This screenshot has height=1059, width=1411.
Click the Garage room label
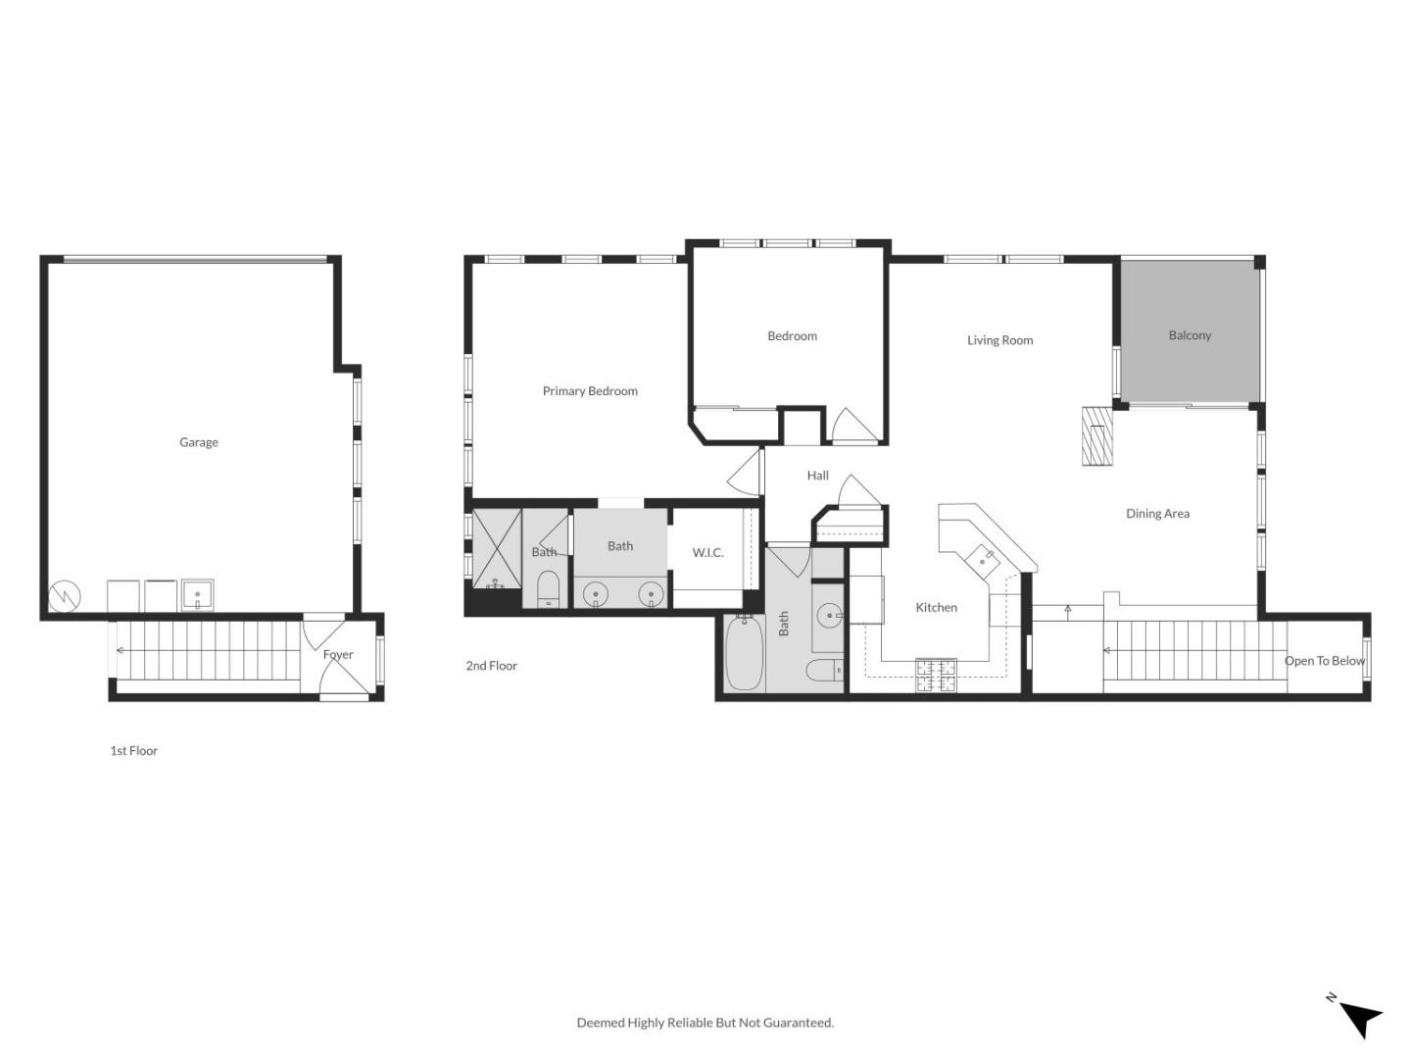[x=198, y=442]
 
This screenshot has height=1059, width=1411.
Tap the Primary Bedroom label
[x=590, y=391]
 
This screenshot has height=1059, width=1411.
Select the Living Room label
[x=999, y=340]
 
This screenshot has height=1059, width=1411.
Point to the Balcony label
[x=1190, y=335]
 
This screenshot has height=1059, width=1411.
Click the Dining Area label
[x=1157, y=514]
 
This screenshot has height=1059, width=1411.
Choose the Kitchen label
[x=936, y=608]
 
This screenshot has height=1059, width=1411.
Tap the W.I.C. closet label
[x=707, y=553]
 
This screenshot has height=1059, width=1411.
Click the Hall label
[x=817, y=476]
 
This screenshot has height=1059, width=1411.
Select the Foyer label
[x=338, y=655]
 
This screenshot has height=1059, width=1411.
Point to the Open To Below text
[x=1324, y=661]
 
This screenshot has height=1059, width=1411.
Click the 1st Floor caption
[x=133, y=751]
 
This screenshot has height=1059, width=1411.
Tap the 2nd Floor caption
[x=491, y=666]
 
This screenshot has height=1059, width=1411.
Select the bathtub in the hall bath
[x=745, y=653]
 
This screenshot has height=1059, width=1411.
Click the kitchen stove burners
[x=936, y=676]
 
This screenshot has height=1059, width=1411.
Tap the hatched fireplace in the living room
[x=1097, y=435]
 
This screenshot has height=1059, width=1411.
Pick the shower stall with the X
[x=497, y=549]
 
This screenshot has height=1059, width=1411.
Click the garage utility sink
[x=197, y=595]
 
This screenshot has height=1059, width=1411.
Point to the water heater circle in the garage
[x=64, y=595]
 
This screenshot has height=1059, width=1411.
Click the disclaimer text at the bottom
[x=705, y=1023]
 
